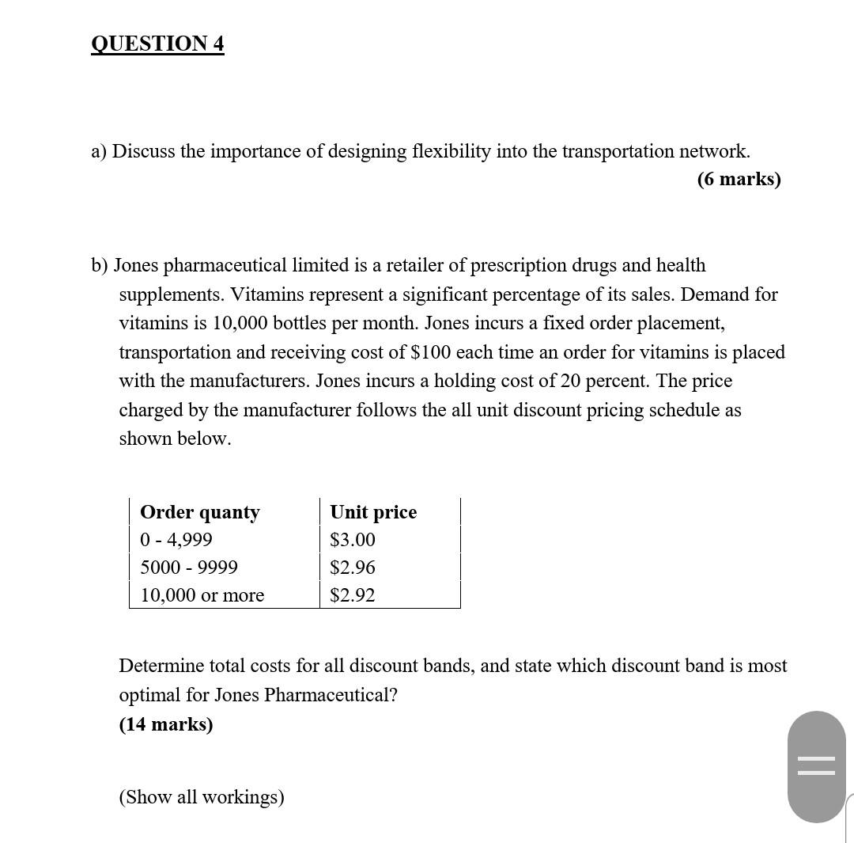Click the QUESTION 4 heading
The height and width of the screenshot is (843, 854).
157,43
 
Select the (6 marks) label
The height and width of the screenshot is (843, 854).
739,179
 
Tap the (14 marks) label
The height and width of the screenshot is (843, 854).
166,724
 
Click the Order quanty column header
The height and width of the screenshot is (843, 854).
199,512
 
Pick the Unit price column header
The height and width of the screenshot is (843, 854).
373,512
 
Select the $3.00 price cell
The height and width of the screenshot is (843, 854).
353,540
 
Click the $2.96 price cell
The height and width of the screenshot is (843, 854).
353,568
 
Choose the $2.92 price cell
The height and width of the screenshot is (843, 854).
353,595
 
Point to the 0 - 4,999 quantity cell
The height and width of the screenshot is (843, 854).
176,540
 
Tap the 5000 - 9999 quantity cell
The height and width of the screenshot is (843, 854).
189,568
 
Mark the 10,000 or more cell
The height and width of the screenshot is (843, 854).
202,595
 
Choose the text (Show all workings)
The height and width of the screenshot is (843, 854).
202,796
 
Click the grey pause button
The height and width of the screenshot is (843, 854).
816,766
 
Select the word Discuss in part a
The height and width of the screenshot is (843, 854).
143,151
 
